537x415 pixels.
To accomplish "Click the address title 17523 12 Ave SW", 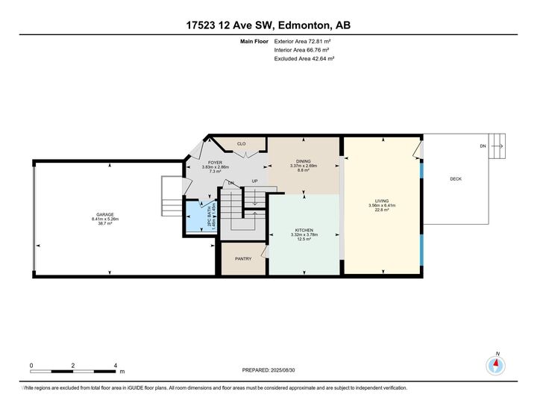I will click(x=268, y=25).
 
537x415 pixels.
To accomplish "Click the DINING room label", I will click(x=304, y=161).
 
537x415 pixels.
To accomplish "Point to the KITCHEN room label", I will click(x=304, y=230).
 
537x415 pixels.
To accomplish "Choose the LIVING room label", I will click(x=382, y=199).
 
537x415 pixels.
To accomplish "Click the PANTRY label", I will click(x=242, y=259).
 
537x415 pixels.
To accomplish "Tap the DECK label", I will click(x=455, y=179).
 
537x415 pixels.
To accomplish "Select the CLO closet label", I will click(x=241, y=143).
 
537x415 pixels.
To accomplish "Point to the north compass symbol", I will click(x=496, y=364).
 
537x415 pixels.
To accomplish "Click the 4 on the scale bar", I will click(x=115, y=366).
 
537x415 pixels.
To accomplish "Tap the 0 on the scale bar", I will click(x=31, y=366).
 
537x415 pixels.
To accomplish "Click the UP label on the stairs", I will click(x=254, y=182).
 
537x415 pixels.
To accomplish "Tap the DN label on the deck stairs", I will click(x=483, y=146).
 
